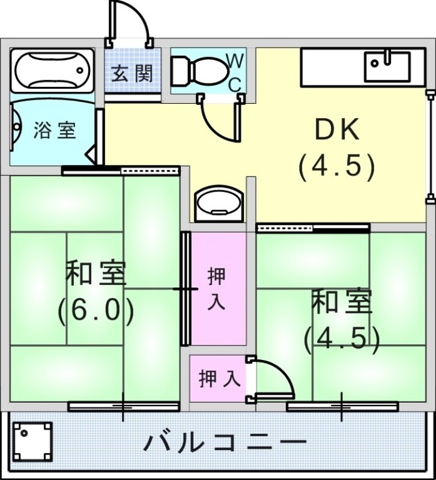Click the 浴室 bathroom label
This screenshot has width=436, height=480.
[x=55, y=130]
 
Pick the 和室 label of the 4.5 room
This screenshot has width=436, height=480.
[x=342, y=302]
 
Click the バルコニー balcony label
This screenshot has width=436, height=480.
[x=225, y=444]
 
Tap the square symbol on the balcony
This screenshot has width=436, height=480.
[x=32, y=441]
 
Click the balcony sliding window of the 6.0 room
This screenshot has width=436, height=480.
[x=124, y=406]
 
